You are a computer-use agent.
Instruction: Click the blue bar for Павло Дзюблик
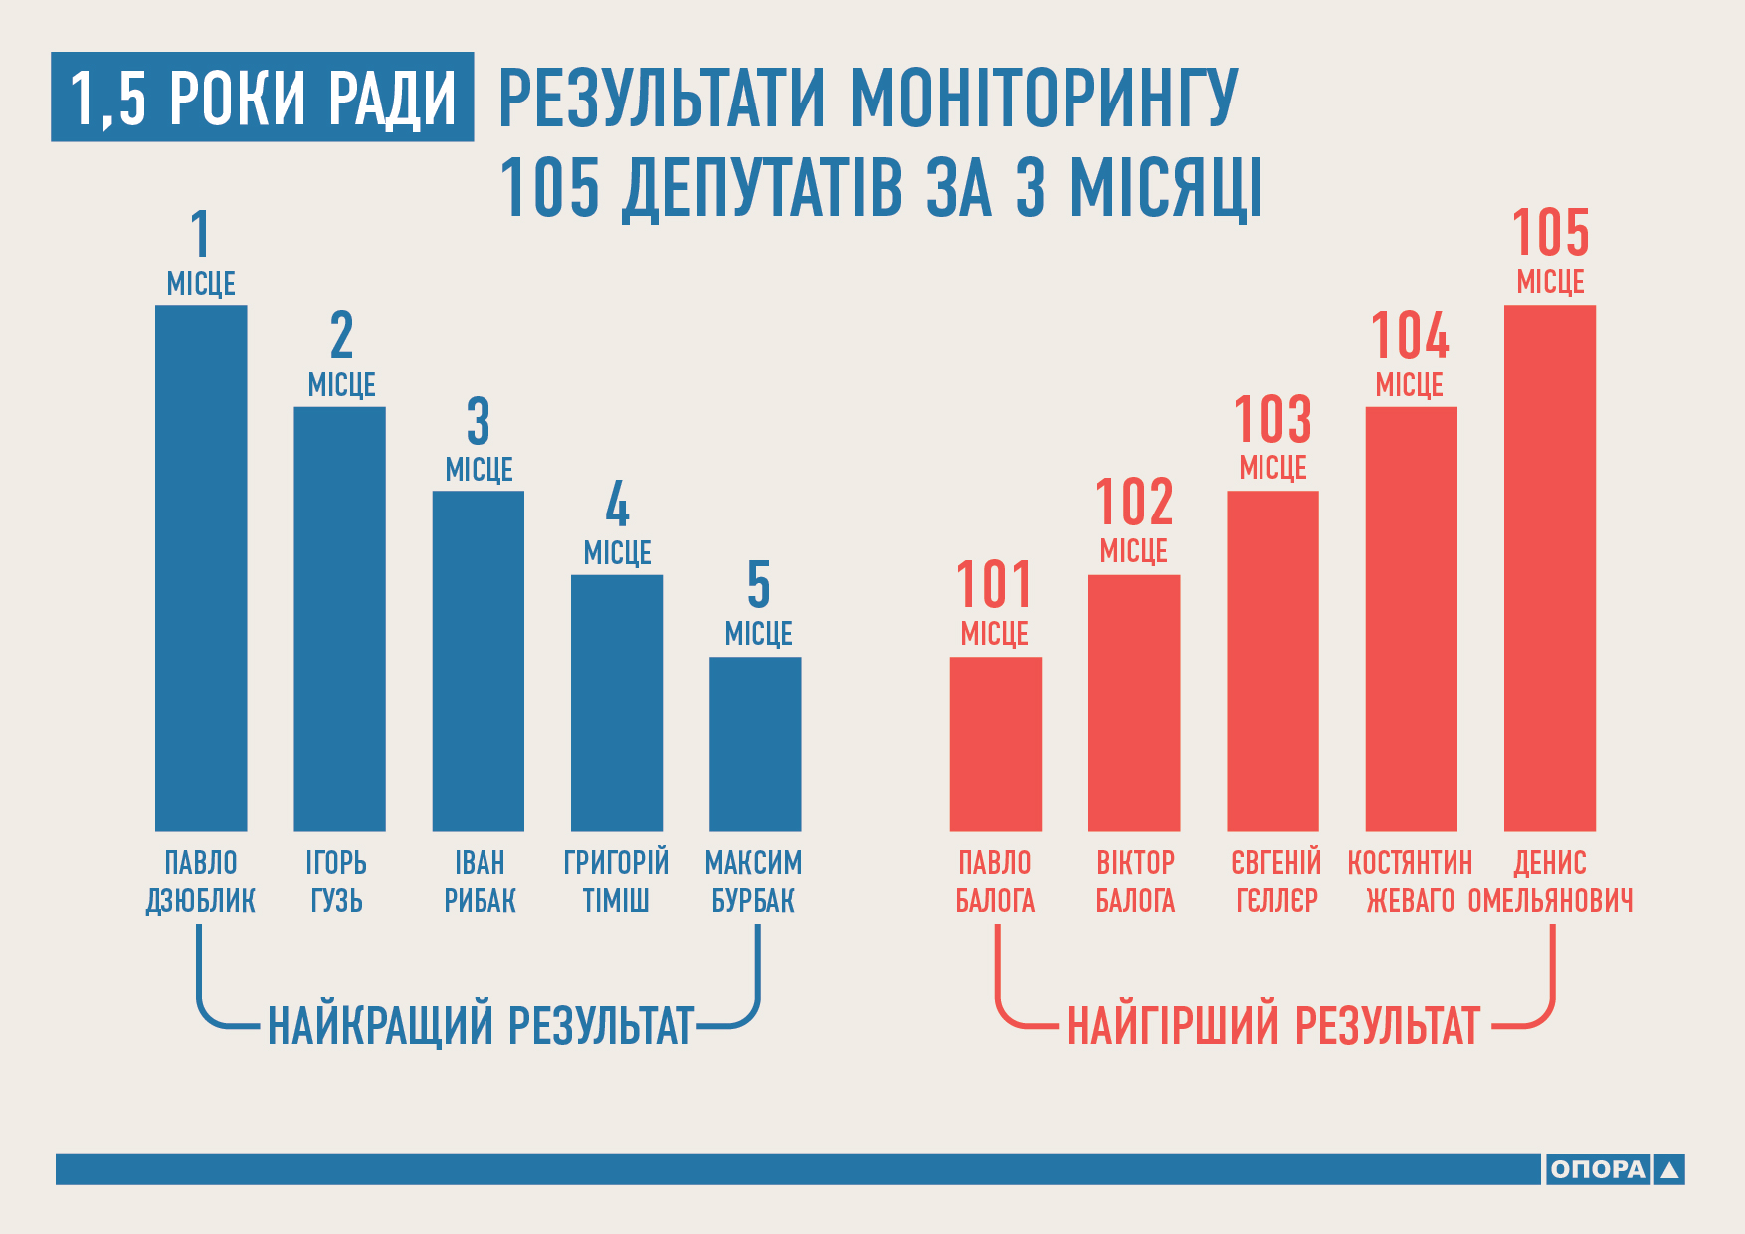point(201,567)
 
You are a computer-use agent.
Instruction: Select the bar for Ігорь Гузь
point(339,618)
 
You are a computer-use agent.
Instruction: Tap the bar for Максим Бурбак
point(755,743)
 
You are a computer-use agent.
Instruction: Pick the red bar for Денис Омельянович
point(1549,567)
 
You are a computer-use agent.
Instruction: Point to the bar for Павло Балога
point(995,743)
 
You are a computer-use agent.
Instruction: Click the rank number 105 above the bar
point(1550,233)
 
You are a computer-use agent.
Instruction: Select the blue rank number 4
point(617,505)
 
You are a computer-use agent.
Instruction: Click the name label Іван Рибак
point(480,881)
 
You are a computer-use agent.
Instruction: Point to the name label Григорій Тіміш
point(616,881)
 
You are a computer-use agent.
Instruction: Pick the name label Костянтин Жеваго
point(1410,881)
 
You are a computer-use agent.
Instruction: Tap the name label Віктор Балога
point(1135,881)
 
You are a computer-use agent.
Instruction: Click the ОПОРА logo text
point(1597,1169)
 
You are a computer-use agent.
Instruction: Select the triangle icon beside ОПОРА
point(1670,1170)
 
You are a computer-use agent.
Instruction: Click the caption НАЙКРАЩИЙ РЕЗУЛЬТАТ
point(481,1025)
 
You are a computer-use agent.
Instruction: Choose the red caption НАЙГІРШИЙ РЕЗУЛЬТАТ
point(1273,1025)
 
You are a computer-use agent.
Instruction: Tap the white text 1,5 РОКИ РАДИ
point(263,98)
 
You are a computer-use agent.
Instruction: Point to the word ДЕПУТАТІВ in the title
point(764,187)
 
